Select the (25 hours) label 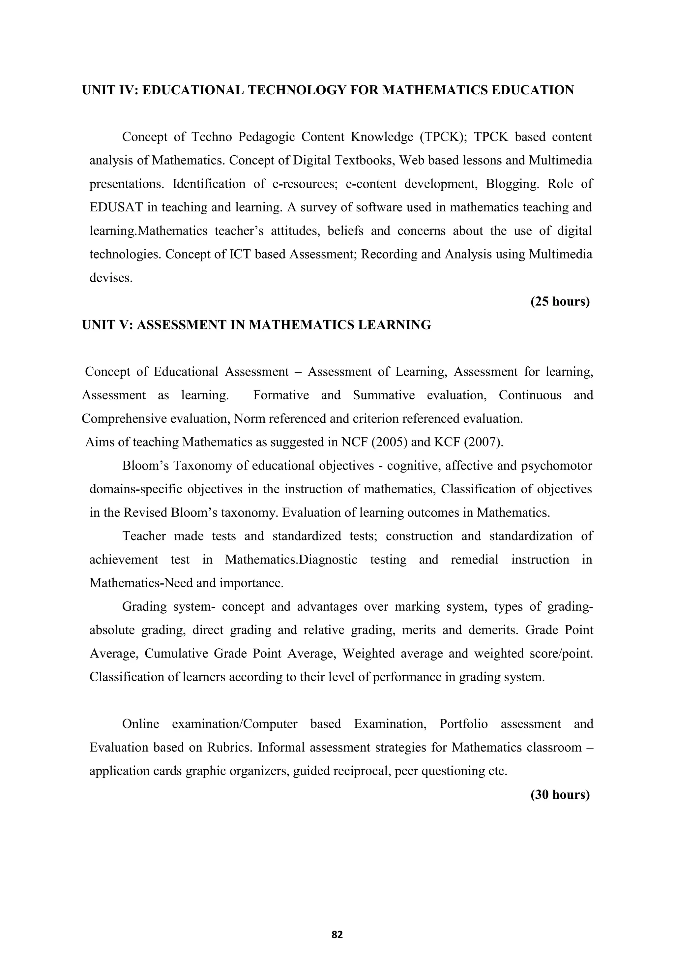560,301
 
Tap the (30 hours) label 560,794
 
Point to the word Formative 281,395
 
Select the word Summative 384,395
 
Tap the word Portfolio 463,724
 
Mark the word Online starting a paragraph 140,724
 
